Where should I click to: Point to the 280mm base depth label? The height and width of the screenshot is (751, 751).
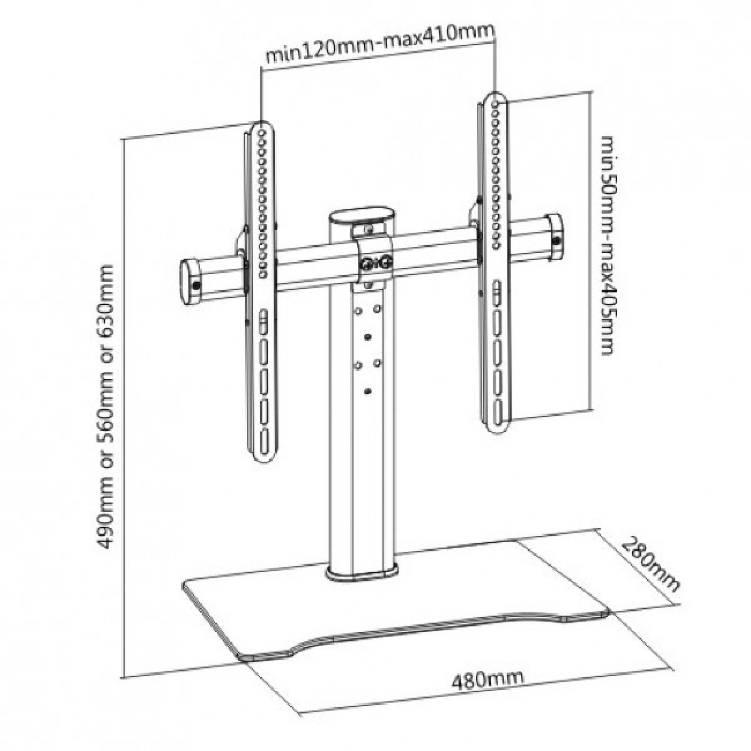click(x=651, y=570)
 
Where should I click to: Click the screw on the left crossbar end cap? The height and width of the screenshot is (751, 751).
click(x=196, y=286)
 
